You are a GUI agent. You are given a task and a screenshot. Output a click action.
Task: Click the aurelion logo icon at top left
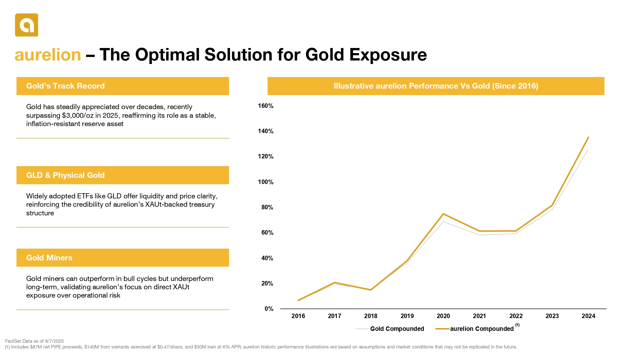click(27, 25)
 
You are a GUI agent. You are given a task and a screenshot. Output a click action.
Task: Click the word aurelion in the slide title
click(48, 55)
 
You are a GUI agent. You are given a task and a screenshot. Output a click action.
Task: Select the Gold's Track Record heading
click(65, 86)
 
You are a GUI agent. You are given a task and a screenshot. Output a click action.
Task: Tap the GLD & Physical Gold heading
click(65, 175)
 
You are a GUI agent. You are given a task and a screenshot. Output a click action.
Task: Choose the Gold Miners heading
click(49, 258)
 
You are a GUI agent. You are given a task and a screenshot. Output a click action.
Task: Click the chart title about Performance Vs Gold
click(436, 86)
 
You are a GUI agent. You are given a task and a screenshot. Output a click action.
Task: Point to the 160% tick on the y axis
click(266, 106)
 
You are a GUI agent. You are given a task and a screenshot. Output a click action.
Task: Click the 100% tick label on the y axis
click(266, 182)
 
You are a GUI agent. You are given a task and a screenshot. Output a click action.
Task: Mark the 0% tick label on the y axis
click(269, 309)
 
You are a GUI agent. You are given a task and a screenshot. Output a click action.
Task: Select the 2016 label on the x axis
click(298, 316)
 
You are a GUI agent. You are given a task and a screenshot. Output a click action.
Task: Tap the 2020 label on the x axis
click(443, 316)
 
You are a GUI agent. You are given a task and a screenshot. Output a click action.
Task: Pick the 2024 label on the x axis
click(588, 316)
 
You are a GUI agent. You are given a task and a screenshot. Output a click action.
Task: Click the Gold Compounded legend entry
click(397, 329)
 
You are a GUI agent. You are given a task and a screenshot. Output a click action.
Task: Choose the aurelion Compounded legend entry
click(482, 329)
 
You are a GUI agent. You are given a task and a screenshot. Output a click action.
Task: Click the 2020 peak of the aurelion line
click(443, 214)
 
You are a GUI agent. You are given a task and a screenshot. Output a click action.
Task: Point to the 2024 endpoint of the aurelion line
click(588, 137)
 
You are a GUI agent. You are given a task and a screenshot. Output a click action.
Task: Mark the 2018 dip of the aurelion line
click(371, 290)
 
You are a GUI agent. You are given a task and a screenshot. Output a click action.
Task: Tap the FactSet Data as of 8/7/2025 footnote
click(35, 341)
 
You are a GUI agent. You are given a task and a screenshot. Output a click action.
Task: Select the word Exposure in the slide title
click(388, 55)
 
